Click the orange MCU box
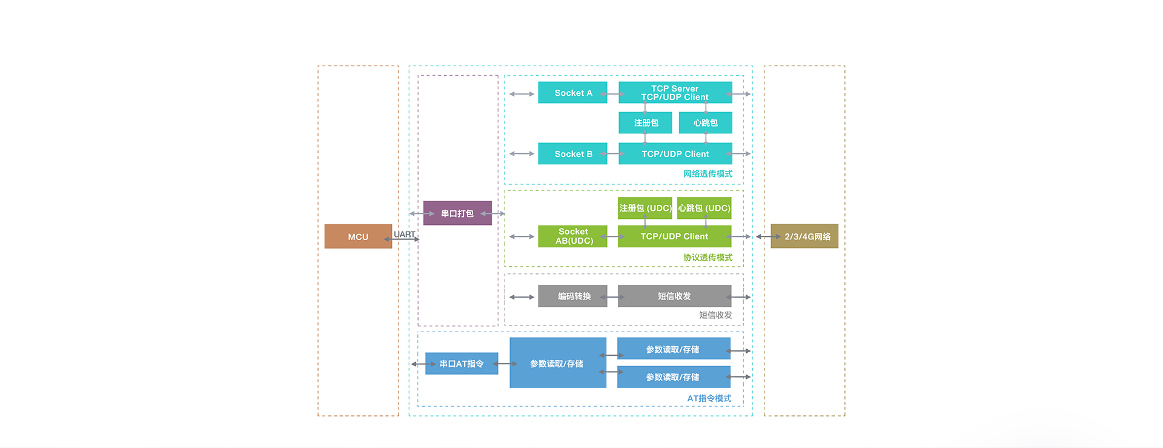coord(358,236)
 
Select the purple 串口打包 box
coord(457,213)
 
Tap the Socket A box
coord(572,93)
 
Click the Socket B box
coord(572,154)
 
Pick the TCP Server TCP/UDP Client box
coord(675,93)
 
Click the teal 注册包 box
coord(645,123)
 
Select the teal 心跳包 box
coord(705,123)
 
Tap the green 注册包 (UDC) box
coord(644,208)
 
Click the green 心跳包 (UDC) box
coord(704,208)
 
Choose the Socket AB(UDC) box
coord(572,236)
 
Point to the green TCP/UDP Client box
coord(674,236)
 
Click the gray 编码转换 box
coord(572,296)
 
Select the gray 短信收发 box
coord(674,296)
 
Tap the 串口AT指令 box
coord(462,364)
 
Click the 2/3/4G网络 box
coord(804,236)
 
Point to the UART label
coord(404,234)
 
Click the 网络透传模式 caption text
coord(707,174)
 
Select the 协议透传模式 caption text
coord(707,258)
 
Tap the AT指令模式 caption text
coord(709,398)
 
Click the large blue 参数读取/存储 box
coord(557,364)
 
